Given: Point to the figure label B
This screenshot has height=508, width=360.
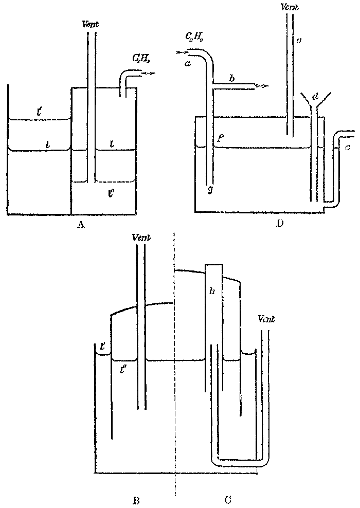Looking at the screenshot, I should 136,498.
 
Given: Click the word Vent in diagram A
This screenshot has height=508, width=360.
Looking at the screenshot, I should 91,24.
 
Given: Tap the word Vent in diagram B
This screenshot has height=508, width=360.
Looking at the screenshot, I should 141,237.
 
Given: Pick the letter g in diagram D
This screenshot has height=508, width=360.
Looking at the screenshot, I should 210,190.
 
